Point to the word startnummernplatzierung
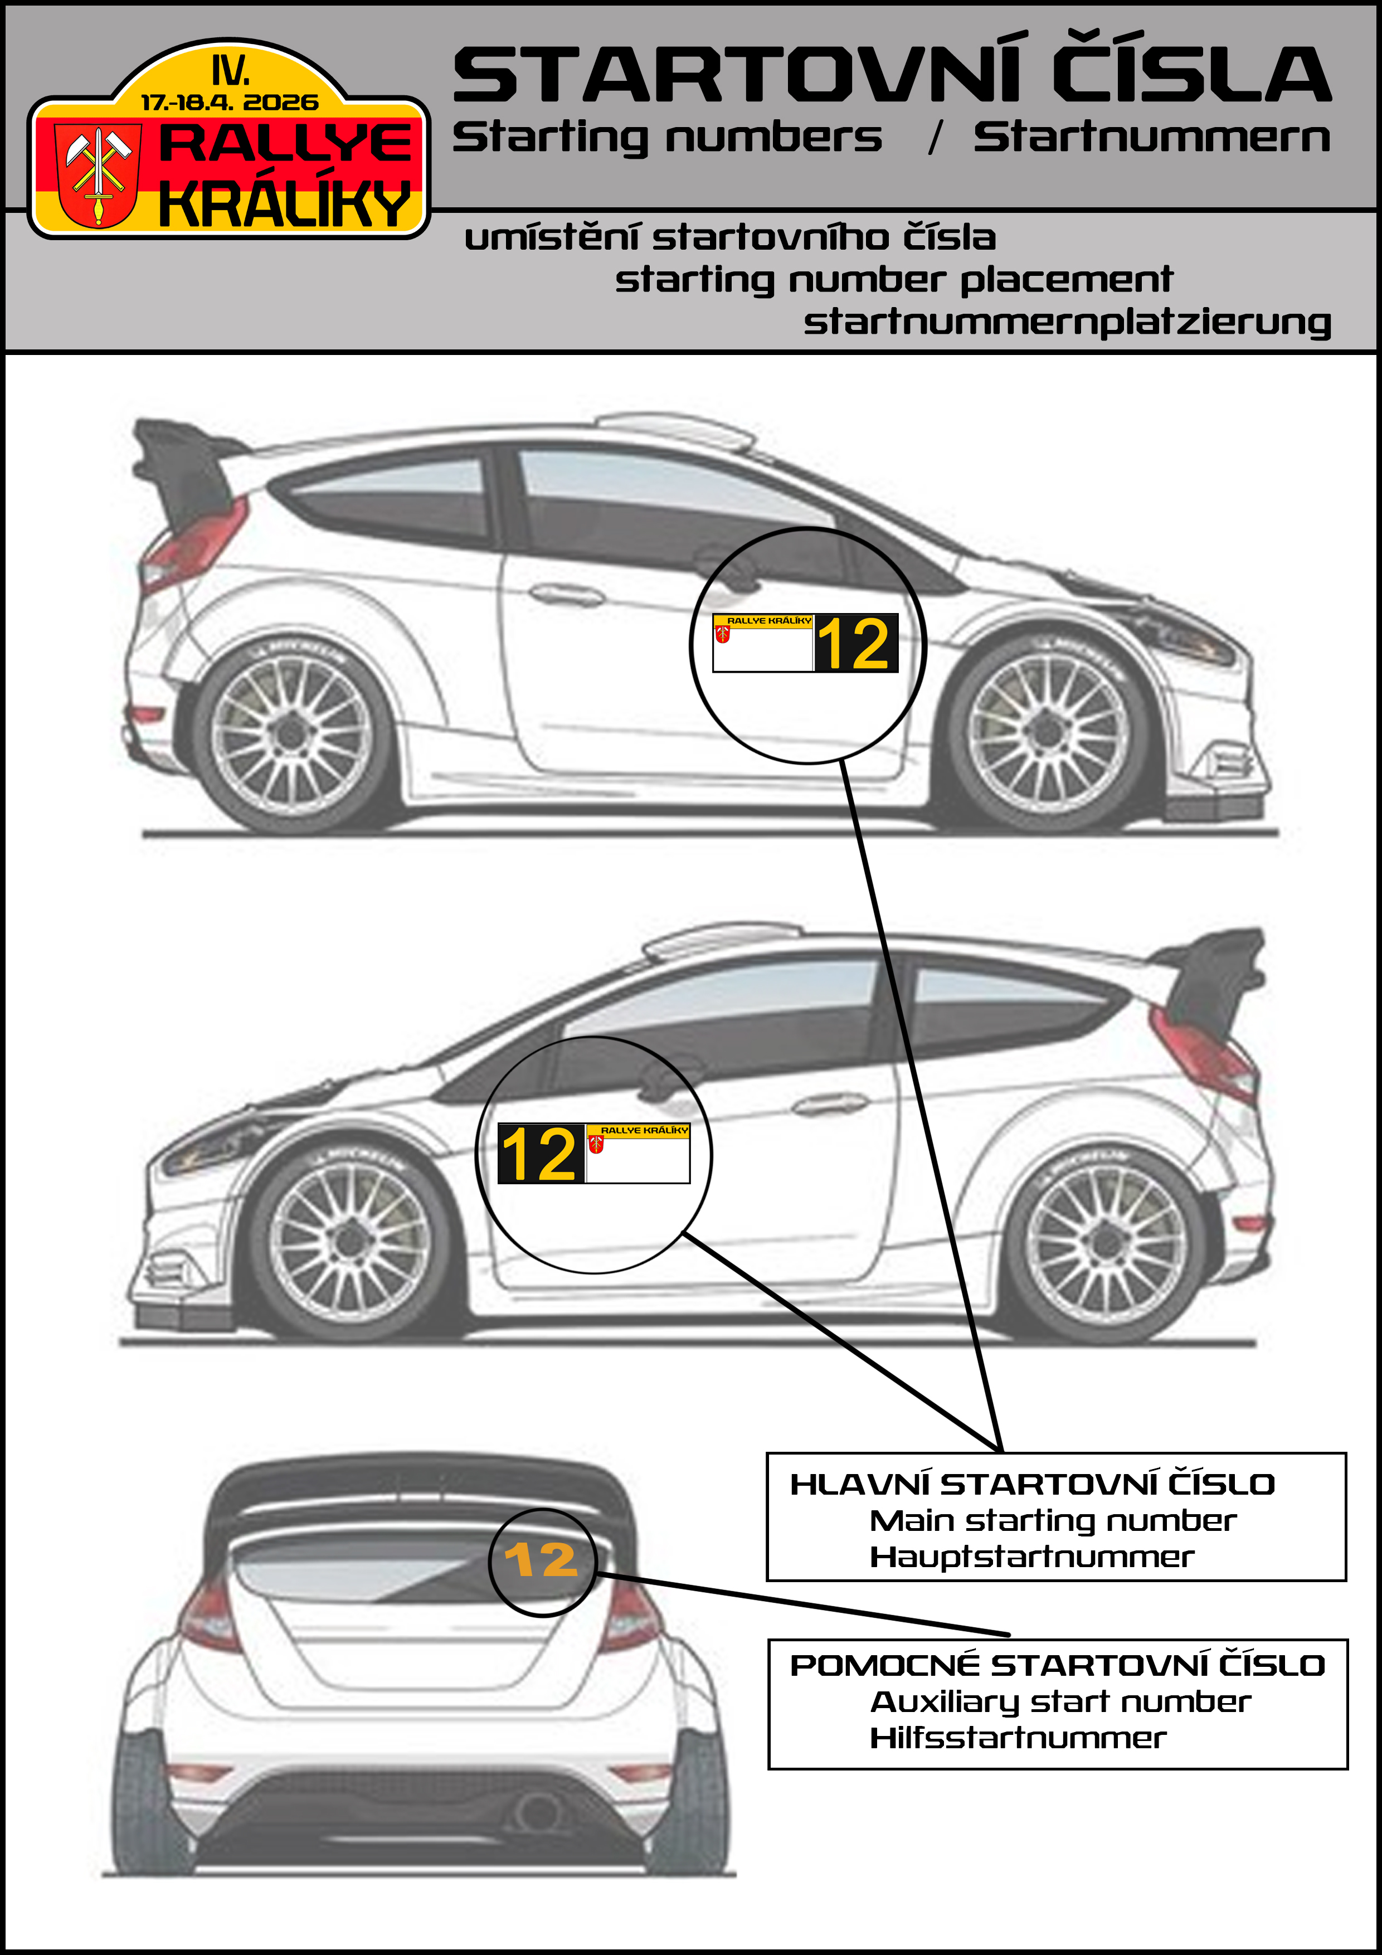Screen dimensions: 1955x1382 (1067, 323)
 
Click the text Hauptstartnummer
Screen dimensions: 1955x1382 (1031, 1557)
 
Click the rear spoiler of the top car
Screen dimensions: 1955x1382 (183, 464)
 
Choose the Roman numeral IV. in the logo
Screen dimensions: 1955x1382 (231, 70)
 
